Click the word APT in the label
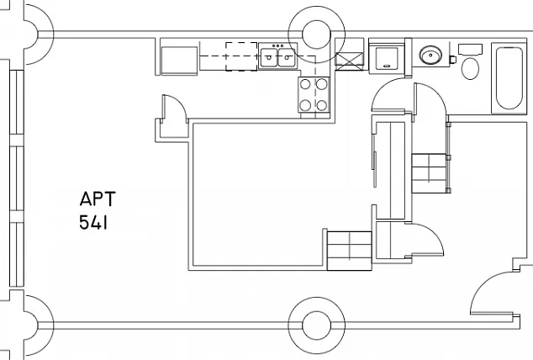click(x=98, y=199)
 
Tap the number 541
click(x=93, y=222)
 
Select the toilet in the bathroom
click(x=470, y=69)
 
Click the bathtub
click(x=509, y=78)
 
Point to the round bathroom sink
click(x=430, y=55)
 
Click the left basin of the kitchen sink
click(x=269, y=57)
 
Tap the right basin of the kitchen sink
click(x=287, y=57)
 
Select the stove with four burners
click(x=314, y=94)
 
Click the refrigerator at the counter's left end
click(x=179, y=61)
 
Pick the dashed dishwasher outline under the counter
click(x=241, y=56)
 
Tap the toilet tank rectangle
click(x=470, y=49)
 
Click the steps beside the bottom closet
click(x=350, y=251)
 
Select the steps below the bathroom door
click(x=429, y=173)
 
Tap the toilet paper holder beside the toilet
click(x=453, y=59)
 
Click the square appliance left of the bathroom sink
click(x=387, y=59)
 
